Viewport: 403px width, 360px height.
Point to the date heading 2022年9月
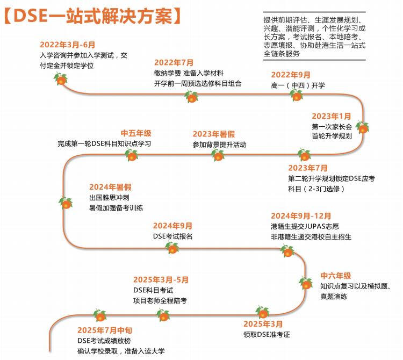pos(291,75)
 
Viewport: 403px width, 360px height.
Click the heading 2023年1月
pos(332,116)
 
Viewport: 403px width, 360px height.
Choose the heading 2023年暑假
pos(214,134)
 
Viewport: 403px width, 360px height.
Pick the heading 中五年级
pos(136,133)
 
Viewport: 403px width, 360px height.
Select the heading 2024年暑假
pos(110,187)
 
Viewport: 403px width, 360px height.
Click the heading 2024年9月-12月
pos(301,216)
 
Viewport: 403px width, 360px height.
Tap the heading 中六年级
pos(336,276)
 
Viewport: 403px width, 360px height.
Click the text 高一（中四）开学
pos(298,85)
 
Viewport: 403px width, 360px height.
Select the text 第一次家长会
pos(332,126)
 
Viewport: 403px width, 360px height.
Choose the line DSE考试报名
pos(172,236)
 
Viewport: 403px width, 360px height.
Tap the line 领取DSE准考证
pos(267,334)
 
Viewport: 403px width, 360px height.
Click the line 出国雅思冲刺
pos(111,197)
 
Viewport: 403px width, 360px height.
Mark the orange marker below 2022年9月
pos(297,96)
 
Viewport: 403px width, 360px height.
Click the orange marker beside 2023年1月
pos(363,128)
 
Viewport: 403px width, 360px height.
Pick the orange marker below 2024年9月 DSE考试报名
pos(172,248)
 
